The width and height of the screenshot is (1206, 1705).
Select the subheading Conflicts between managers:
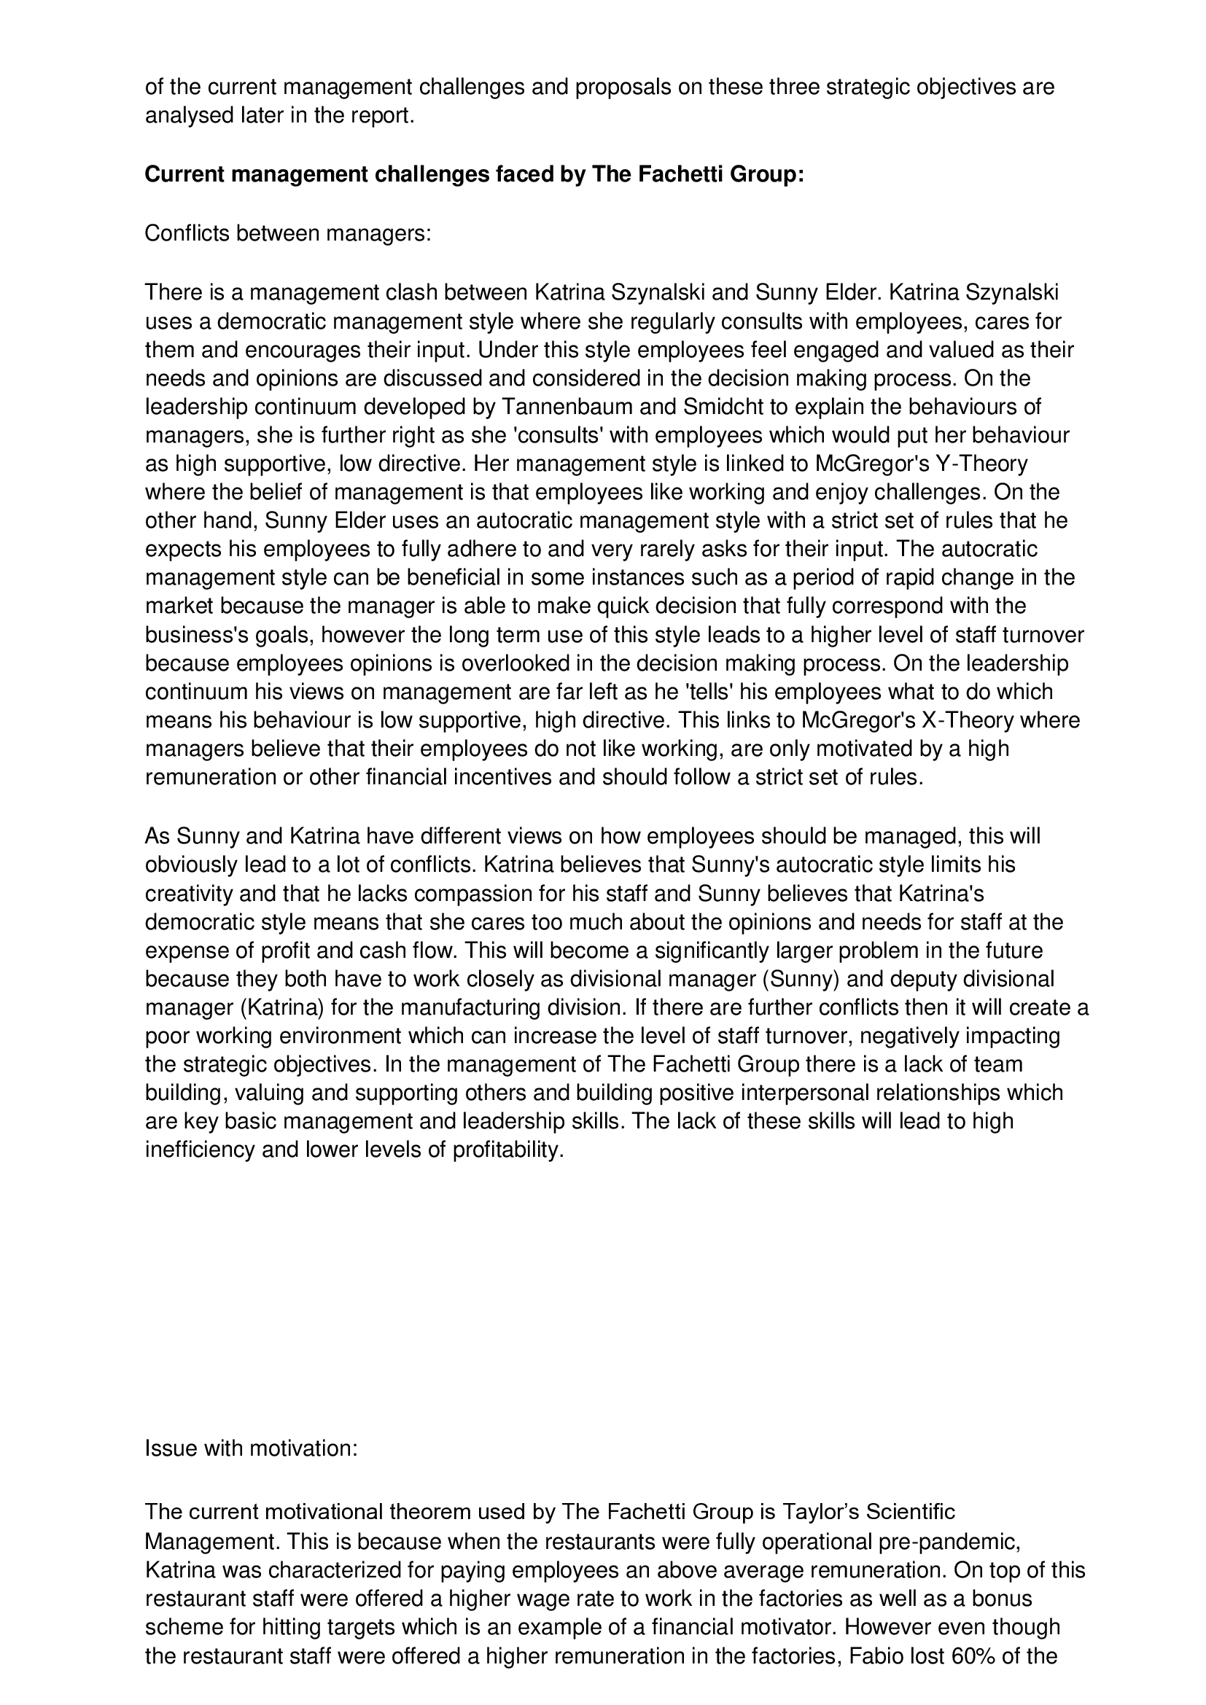[x=287, y=233]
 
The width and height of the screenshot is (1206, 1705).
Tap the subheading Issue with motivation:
[x=251, y=1448]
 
